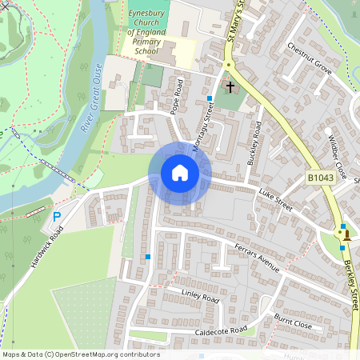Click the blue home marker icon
[180, 173]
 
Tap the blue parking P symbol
[56, 217]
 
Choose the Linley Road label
[199, 297]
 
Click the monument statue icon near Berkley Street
[346, 234]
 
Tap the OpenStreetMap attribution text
[81, 354]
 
